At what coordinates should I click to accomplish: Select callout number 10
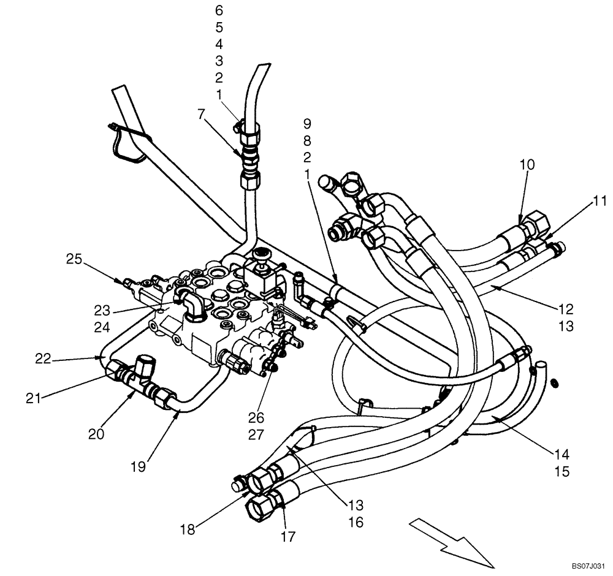(528, 164)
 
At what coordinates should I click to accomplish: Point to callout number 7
(202, 113)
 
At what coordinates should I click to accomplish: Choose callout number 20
(96, 434)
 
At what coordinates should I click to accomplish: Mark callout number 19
(139, 467)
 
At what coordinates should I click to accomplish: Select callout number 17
(288, 537)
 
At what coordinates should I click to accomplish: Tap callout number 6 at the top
(219, 10)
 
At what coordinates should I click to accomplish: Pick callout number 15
(562, 472)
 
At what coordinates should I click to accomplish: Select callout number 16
(356, 522)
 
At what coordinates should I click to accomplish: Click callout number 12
(566, 309)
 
